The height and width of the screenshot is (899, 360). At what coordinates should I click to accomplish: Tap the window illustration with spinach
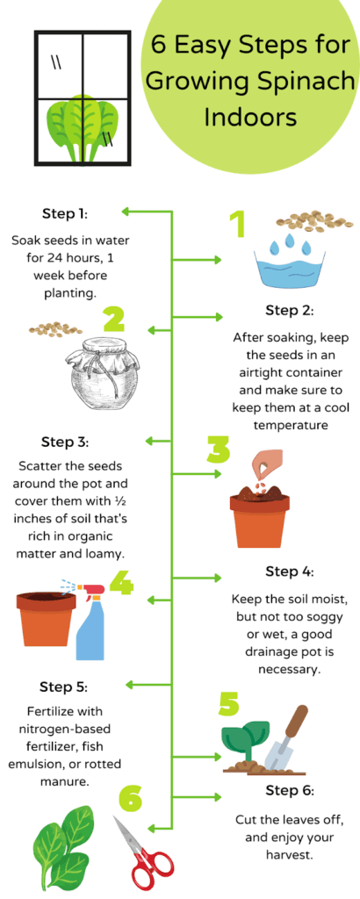coord(82,98)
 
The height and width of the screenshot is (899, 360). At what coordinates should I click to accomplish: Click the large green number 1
coord(236,225)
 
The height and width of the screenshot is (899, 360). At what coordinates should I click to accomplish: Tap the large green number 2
coord(114,320)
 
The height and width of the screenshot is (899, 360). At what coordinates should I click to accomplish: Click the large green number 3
coord(218,449)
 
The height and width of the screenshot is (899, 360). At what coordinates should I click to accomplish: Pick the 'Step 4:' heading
coord(289,572)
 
